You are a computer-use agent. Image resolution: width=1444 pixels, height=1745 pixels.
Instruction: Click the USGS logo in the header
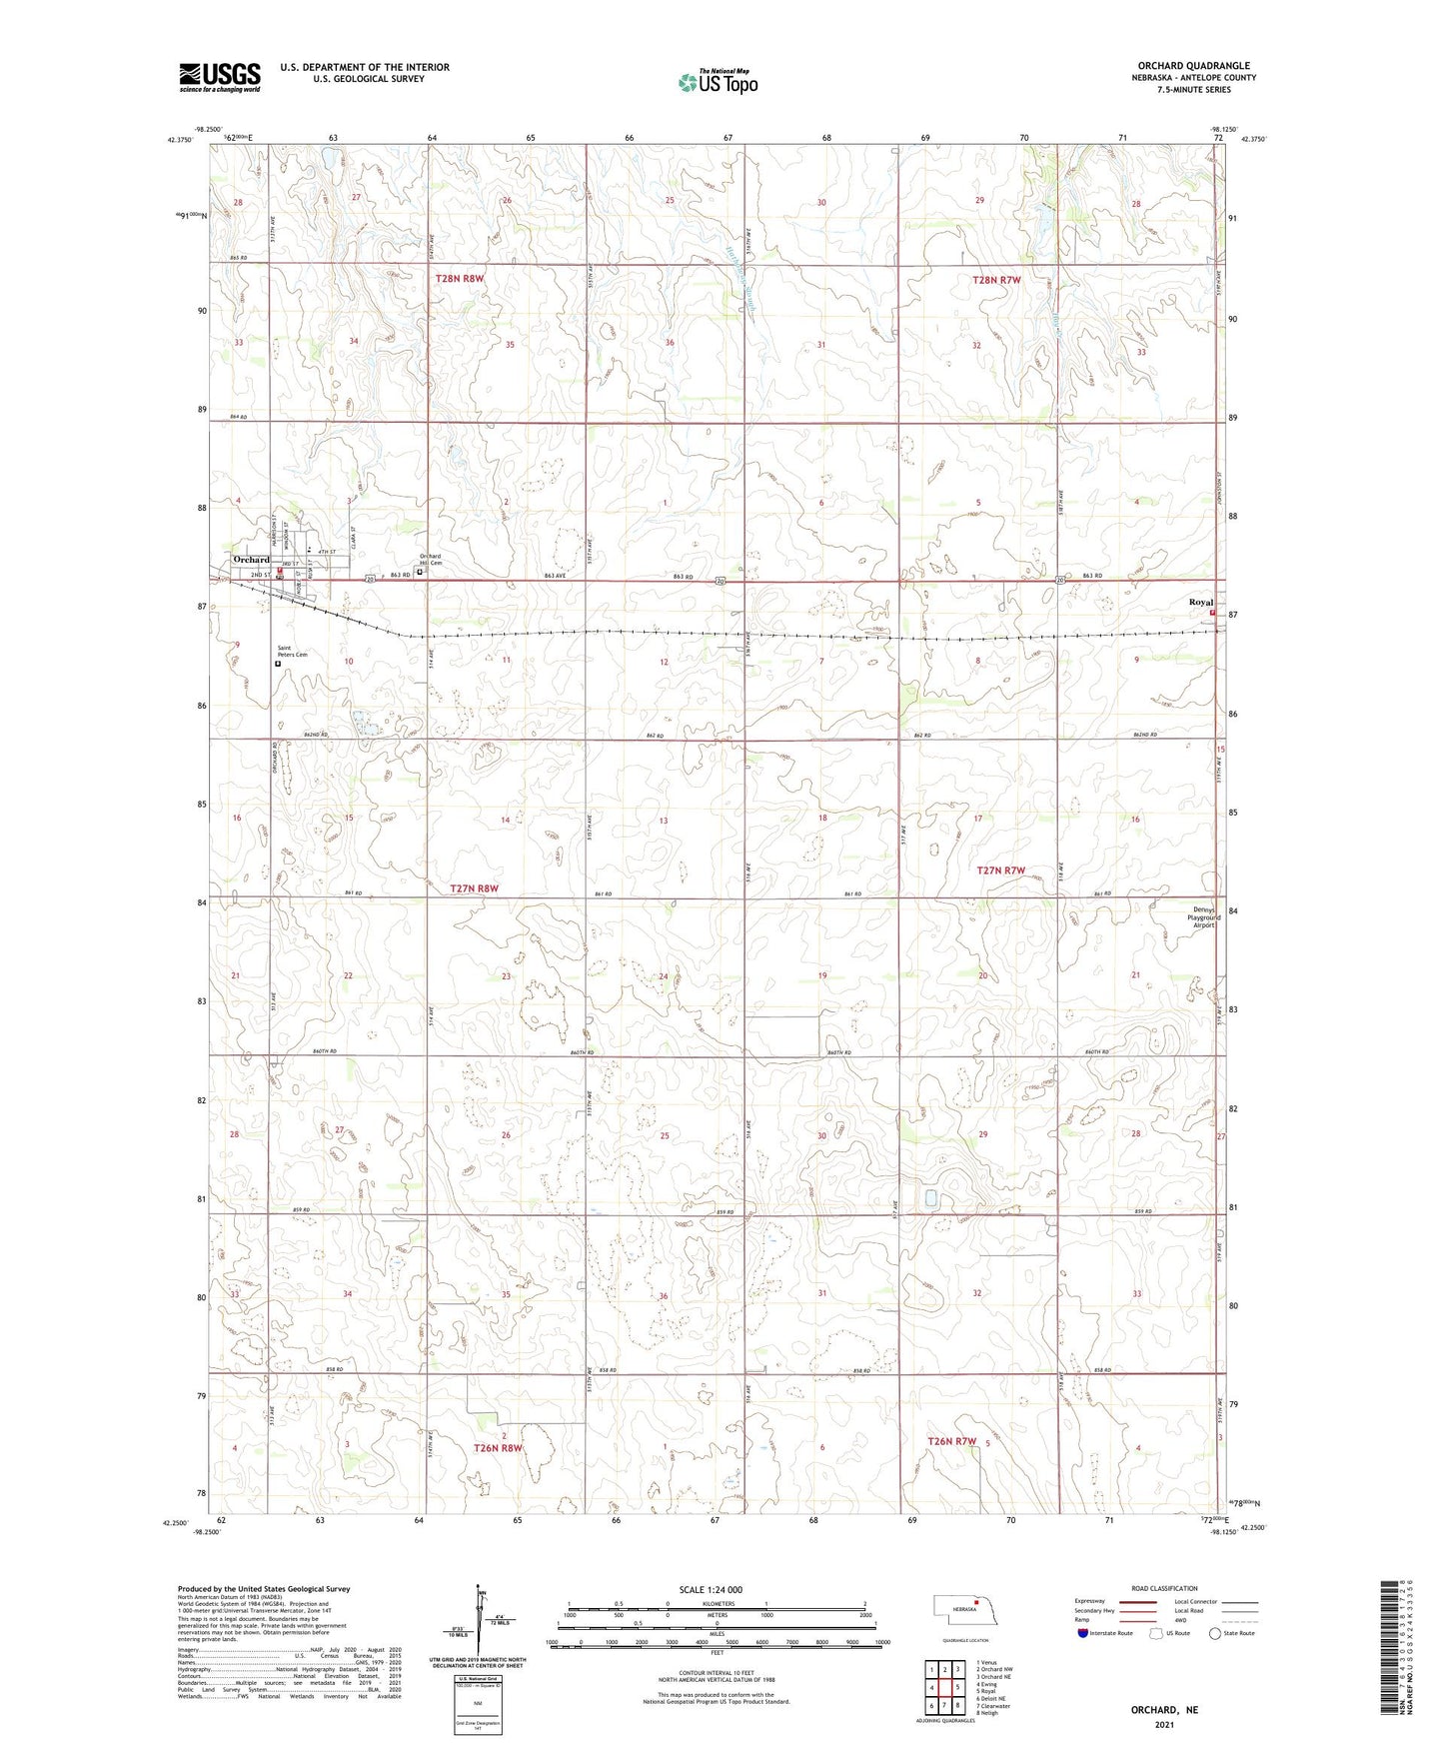219,77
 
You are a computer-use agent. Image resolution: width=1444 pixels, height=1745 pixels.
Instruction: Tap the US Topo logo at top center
718,82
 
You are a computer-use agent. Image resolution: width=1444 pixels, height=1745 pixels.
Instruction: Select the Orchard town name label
251,560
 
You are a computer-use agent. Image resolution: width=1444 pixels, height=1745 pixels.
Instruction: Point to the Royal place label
1200,603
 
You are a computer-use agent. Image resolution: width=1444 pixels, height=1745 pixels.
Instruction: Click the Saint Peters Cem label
292,651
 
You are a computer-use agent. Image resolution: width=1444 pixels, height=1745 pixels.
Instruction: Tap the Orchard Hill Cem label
430,559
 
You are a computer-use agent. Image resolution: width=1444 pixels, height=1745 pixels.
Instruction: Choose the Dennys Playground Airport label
1200,917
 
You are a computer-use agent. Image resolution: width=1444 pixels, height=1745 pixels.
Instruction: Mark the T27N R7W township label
1000,871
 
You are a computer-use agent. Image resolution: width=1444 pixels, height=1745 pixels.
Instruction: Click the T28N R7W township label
996,281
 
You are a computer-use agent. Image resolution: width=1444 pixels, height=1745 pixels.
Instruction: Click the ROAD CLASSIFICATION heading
1164,1589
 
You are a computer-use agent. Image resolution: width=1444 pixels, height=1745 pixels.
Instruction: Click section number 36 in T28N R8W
670,343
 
